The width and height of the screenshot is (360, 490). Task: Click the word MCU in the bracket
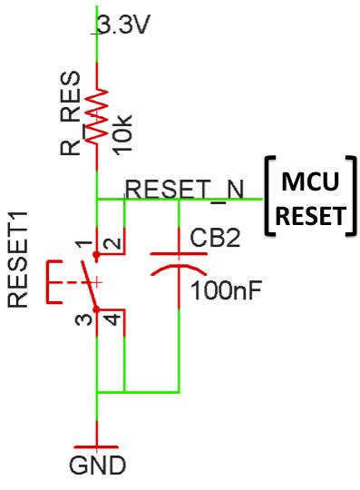tap(310, 182)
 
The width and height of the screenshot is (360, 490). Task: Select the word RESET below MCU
tap(310, 216)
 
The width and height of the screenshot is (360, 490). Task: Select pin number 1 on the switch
tap(83, 245)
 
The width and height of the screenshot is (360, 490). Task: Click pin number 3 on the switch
tap(83, 319)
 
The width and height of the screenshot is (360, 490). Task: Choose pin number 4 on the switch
tap(109, 320)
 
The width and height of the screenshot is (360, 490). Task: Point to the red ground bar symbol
tap(96, 446)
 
